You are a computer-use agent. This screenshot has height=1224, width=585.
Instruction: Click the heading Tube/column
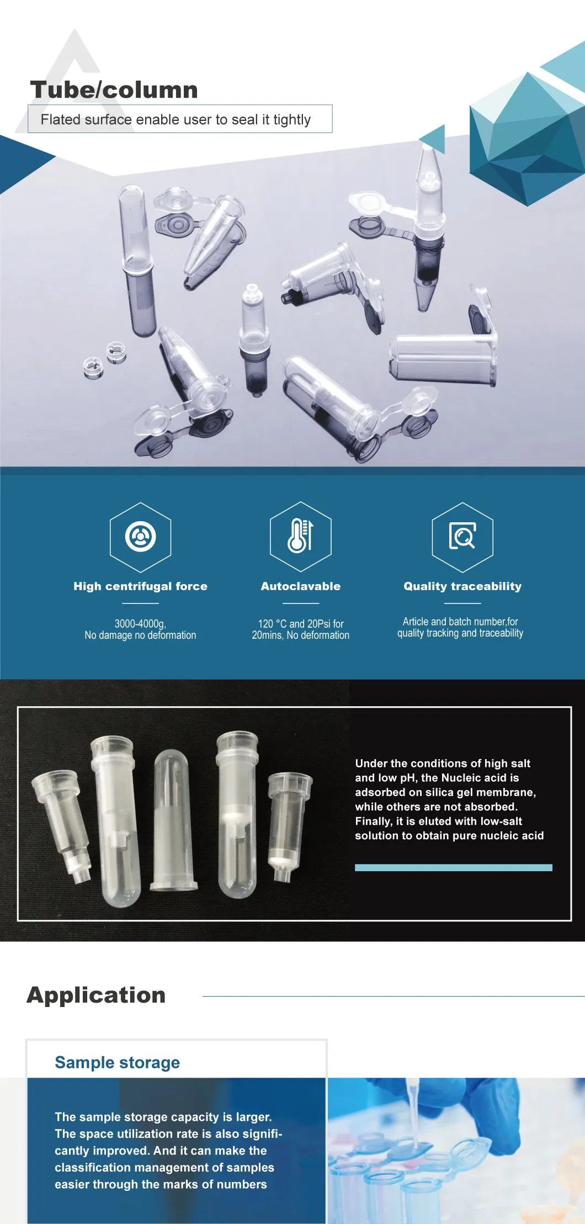114,90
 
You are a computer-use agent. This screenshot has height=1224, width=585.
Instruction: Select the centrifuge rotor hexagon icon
140,536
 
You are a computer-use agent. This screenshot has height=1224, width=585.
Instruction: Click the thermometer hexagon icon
300,536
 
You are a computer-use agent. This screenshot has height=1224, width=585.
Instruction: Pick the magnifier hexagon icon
462,536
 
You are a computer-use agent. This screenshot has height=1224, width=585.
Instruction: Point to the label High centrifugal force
140,586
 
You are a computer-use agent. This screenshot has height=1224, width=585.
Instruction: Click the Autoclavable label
300,586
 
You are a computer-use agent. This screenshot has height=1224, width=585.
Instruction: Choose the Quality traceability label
462,586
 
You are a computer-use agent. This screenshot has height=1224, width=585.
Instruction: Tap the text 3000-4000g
140,623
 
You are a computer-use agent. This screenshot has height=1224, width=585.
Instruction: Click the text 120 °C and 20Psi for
300,623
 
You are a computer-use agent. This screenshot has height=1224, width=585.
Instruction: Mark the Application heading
96,995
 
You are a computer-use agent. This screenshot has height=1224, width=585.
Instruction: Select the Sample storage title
117,1062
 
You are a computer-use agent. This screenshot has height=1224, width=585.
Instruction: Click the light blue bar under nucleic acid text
453,867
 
